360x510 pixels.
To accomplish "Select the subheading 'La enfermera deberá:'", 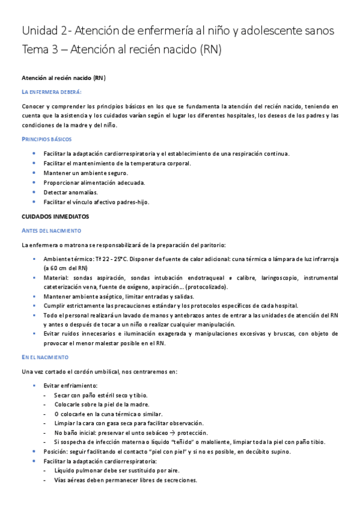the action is [x=51, y=91].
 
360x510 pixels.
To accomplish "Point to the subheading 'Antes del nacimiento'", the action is [x=51, y=230].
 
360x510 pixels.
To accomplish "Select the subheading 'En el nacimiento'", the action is [x=46, y=357].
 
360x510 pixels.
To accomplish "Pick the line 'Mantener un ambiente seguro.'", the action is [x=85, y=173].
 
